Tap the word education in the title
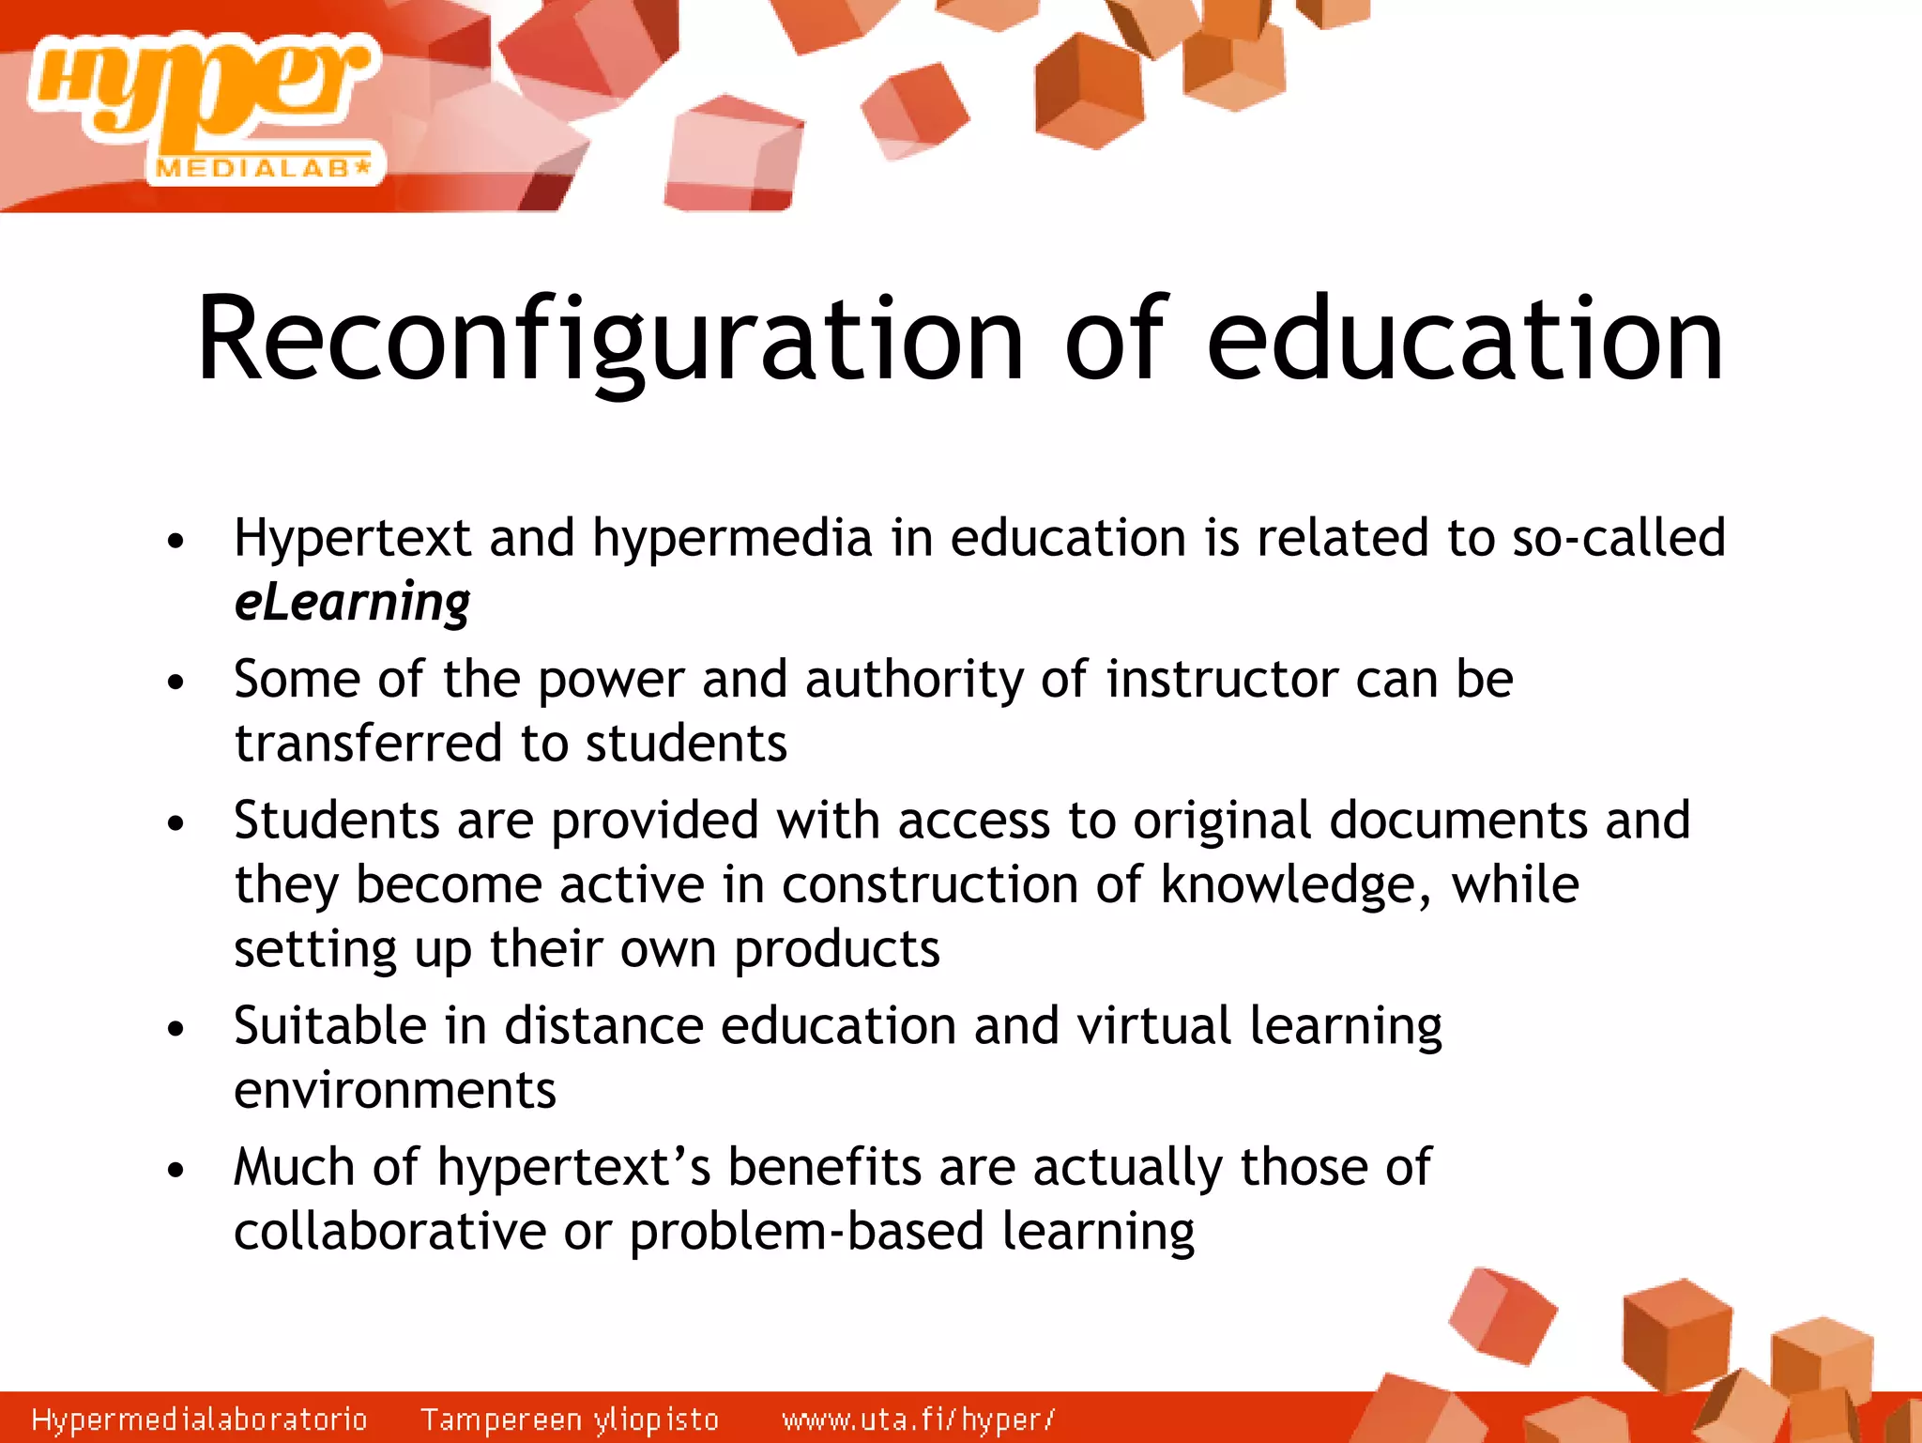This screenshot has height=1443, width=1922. click(1464, 340)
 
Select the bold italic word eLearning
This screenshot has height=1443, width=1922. click(352, 603)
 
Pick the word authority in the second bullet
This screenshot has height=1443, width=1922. click(914, 679)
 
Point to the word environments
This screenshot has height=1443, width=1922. click(395, 1091)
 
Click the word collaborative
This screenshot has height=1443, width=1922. click(389, 1232)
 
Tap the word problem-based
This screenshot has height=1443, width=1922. click(806, 1232)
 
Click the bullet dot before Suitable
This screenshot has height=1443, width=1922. click(175, 1029)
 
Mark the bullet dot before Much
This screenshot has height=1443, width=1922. click(175, 1171)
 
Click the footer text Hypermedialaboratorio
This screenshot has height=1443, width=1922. click(199, 1419)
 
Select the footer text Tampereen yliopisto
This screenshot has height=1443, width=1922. click(569, 1419)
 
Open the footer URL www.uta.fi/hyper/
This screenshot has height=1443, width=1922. click(918, 1419)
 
